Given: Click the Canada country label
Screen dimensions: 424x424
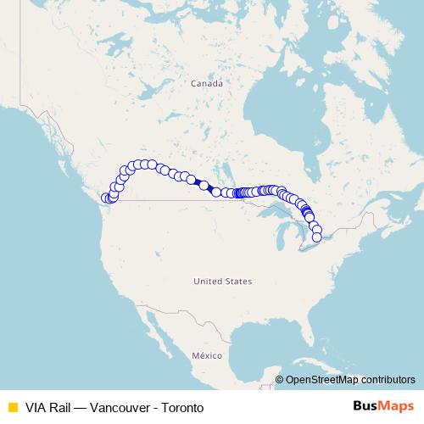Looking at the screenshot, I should pyautogui.click(x=206, y=84).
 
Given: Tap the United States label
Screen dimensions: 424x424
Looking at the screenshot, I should pyautogui.click(x=222, y=281).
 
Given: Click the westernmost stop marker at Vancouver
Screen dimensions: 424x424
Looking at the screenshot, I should pyautogui.click(x=106, y=198).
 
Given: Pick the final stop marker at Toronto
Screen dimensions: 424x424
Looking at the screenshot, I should pyautogui.click(x=317, y=237).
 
